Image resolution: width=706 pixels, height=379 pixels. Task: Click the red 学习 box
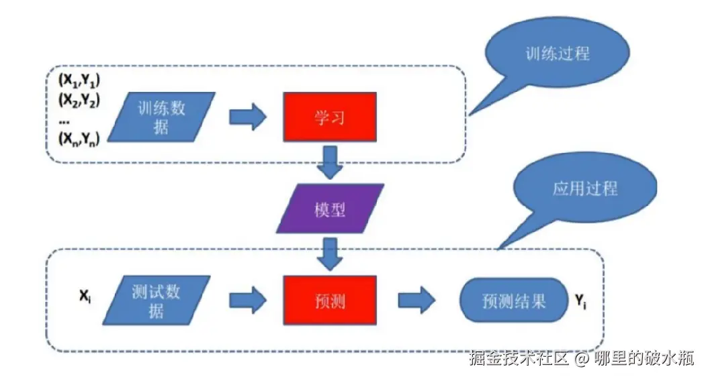[x=330, y=117]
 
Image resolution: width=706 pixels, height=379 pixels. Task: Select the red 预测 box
[x=330, y=301]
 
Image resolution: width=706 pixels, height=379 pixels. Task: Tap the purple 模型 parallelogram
[x=330, y=209]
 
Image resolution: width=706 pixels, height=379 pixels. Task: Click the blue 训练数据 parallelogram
[x=161, y=117]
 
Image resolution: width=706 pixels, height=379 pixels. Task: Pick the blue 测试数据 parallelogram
[x=157, y=301]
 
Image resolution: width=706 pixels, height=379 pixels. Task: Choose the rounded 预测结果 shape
[x=514, y=301]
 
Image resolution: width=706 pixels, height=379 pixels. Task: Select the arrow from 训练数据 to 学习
[x=248, y=117]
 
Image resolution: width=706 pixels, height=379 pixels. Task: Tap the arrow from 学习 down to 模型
[x=330, y=162]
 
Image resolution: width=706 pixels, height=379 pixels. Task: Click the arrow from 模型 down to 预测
[x=330, y=254]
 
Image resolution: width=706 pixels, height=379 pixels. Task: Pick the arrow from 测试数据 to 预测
[x=248, y=301]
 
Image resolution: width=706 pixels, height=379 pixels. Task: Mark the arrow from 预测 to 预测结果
[x=416, y=301]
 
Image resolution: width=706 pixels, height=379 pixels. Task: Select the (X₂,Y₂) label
[x=79, y=100]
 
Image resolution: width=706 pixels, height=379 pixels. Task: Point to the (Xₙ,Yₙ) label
[x=79, y=139]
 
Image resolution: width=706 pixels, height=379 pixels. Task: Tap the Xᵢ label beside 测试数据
[x=85, y=296]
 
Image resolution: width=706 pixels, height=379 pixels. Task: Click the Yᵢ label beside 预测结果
[x=580, y=301]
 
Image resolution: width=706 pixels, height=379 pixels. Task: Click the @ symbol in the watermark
[x=581, y=358]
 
